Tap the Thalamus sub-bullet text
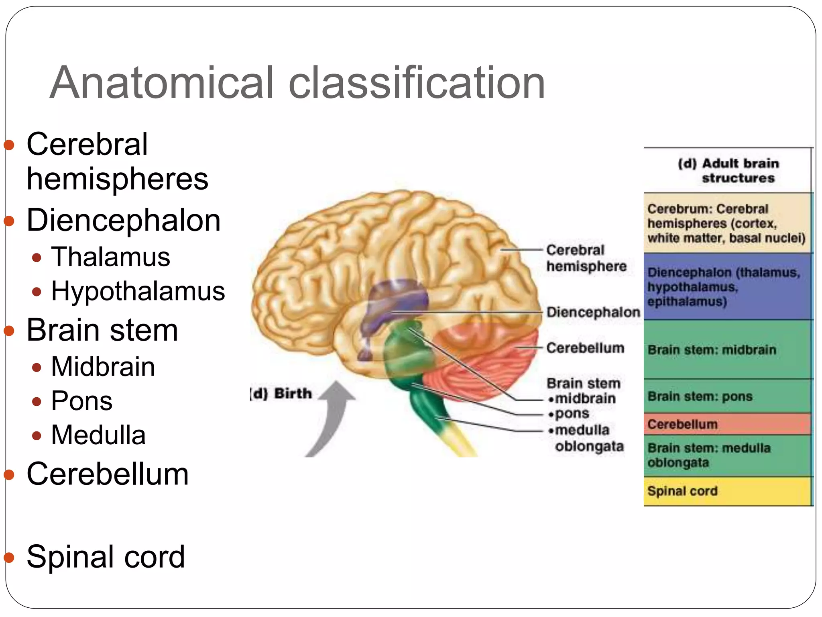tap(110, 257)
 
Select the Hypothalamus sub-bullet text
tap(138, 291)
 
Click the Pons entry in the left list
tap(82, 401)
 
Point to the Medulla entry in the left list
tap(98, 435)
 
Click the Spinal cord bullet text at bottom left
tap(106, 557)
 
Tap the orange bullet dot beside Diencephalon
tap(9, 221)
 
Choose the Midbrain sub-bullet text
tap(103, 367)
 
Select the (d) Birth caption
tap(281, 393)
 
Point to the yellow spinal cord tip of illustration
tap(462, 442)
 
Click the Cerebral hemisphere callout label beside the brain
tap(586, 258)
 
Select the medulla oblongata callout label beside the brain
tap(586, 438)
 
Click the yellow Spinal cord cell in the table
tap(726, 491)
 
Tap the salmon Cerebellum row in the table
tap(726, 424)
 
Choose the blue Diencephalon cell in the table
tap(726, 286)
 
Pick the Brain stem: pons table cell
tap(726, 396)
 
